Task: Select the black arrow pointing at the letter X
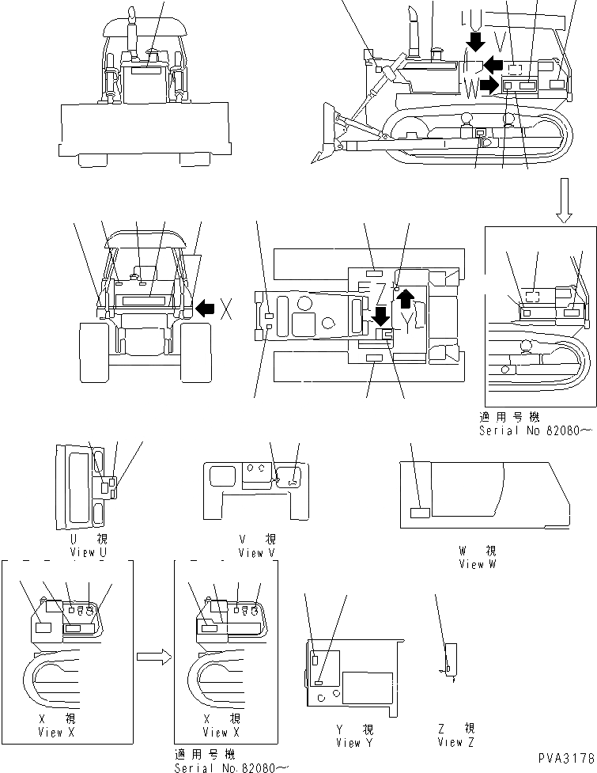tap(206, 308)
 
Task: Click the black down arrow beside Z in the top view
tap(380, 317)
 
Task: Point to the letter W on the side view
tap(471, 87)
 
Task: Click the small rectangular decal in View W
tap(419, 513)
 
